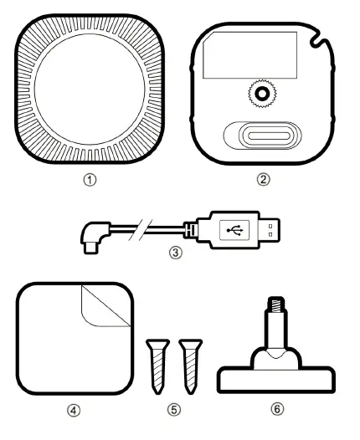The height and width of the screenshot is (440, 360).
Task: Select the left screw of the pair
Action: [x=157, y=363]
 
